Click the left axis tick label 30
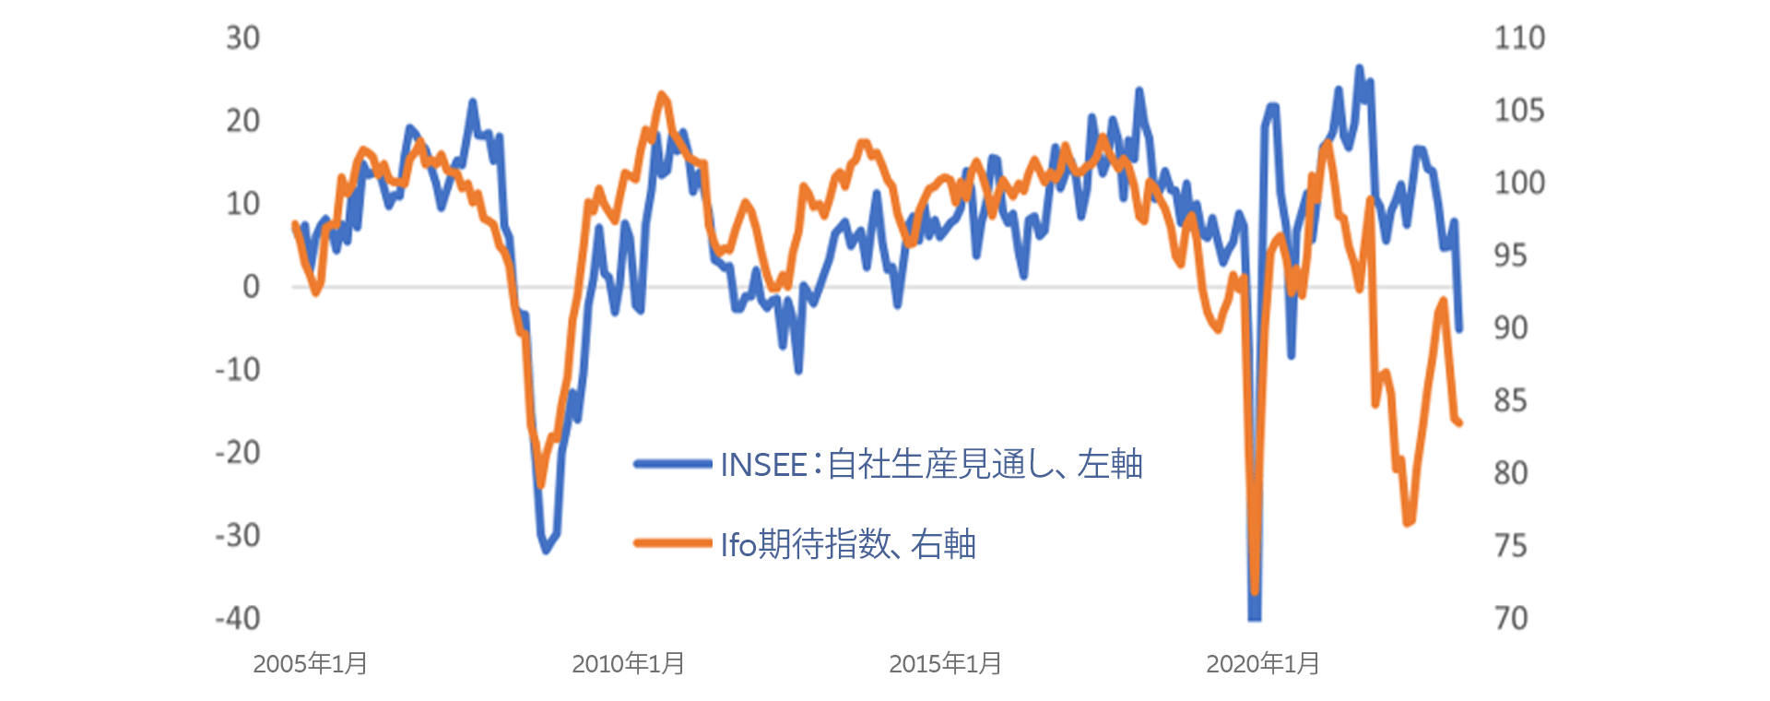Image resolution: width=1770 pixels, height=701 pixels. coord(243,38)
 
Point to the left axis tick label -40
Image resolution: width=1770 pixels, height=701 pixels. coord(238,618)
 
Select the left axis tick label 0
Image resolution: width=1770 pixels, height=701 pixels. coord(251,287)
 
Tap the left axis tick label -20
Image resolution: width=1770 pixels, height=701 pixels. coord(238,453)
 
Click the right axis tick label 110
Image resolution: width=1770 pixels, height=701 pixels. coord(1519,38)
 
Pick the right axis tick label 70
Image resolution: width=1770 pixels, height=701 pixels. coord(1511,618)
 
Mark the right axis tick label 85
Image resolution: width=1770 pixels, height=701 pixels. coord(1511,400)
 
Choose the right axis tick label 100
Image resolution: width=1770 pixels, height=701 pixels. coord(1519,183)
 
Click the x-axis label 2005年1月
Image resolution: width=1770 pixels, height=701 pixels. coord(311,664)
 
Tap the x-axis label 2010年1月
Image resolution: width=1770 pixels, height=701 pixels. coord(629,664)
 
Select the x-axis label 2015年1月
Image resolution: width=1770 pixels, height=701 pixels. coord(946,664)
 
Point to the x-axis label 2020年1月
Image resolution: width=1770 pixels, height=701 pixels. coord(1263,664)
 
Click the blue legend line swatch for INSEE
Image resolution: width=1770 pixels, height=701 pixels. coord(673,464)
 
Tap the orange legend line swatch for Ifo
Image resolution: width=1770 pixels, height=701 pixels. coord(673,543)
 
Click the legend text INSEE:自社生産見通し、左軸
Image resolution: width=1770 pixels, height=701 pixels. coord(931,464)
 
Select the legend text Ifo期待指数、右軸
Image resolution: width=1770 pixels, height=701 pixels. coord(848,544)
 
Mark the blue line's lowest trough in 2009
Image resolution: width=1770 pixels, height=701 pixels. coord(547,550)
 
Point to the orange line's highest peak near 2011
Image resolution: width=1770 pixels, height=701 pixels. coord(662,94)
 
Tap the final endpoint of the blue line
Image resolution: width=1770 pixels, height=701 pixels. coord(1459,328)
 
